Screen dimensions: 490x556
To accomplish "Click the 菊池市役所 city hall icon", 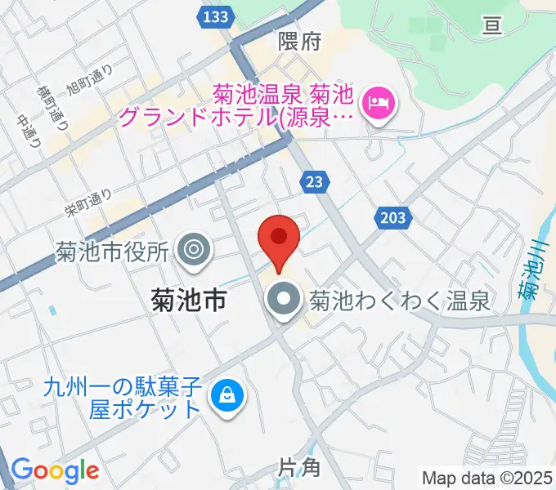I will pyautogui.click(x=194, y=249).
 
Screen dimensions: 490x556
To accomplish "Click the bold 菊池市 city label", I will pyautogui.click(x=189, y=301).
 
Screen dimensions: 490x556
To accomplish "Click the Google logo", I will pyautogui.click(x=55, y=470).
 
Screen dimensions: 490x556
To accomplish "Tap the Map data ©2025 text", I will pyautogui.click(x=486, y=477).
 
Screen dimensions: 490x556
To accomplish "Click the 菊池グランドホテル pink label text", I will pyautogui.click(x=237, y=106).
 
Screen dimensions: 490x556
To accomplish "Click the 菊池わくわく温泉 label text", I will pyautogui.click(x=399, y=302).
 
